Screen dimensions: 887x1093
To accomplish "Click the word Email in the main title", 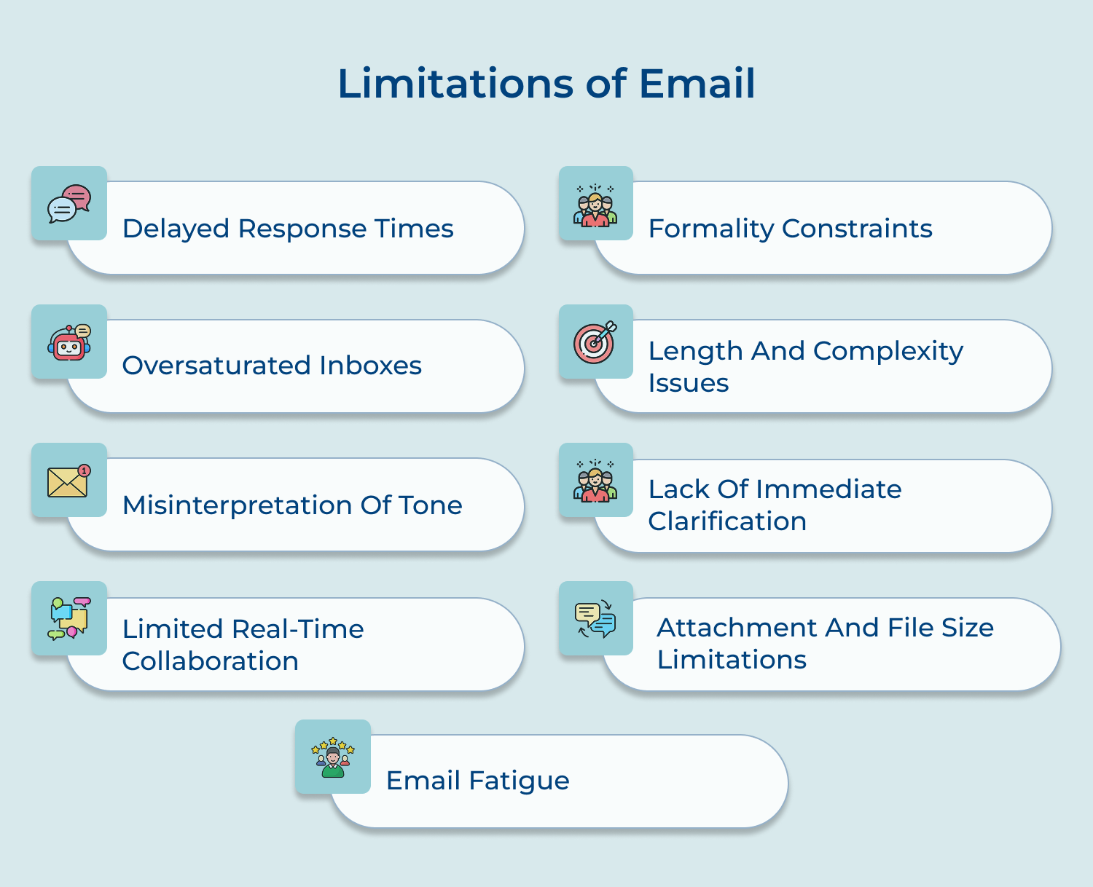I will click(697, 83).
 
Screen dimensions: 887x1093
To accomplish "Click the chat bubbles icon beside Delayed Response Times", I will click(69, 203).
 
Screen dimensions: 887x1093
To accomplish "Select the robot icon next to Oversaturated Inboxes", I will click(69, 342).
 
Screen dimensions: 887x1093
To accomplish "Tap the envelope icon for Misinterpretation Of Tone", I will click(68, 481).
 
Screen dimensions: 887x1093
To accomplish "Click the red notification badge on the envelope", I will click(85, 470).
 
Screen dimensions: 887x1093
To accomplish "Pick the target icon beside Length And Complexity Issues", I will click(595, 342).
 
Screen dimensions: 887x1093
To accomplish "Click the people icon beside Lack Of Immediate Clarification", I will click(595, 481).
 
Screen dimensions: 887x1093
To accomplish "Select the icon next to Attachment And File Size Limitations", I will click(595, 619).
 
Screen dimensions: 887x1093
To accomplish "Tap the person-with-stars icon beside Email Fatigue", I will click(333, 757).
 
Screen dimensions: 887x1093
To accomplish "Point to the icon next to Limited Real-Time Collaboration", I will click(69, 619).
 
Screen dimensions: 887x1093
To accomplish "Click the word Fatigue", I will click(519, 781).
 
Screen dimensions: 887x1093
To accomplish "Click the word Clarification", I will click(727, 521).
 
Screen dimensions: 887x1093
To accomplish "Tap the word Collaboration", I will click(210, 661).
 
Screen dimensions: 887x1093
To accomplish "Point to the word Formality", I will click(710, 229).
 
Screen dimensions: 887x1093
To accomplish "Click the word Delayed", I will click(176, 229).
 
